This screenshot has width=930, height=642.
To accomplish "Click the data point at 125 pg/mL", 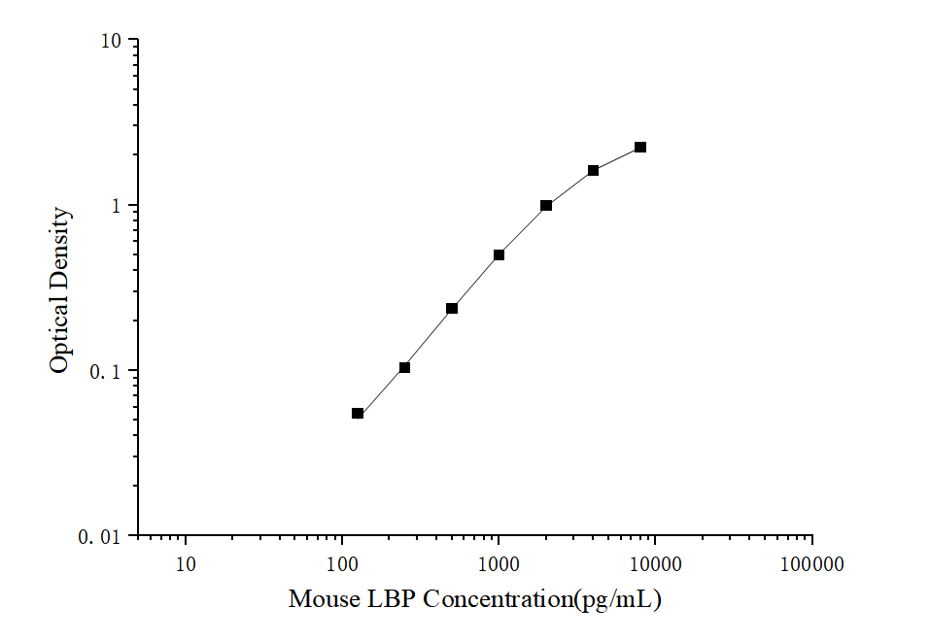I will tap(358, 414).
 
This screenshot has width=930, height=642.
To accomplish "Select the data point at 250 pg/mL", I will tap(404, 367).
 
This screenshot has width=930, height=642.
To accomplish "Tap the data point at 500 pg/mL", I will tap(452, 309).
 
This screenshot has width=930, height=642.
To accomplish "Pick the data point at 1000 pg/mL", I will tap(499, 255).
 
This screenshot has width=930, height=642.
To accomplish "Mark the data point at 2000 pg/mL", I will tap(546, 206).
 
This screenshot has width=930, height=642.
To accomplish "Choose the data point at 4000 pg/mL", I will tap(593, 171).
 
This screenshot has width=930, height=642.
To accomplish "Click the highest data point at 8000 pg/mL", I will tap(640, 148).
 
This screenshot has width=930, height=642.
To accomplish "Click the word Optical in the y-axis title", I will tap(60, 336).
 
